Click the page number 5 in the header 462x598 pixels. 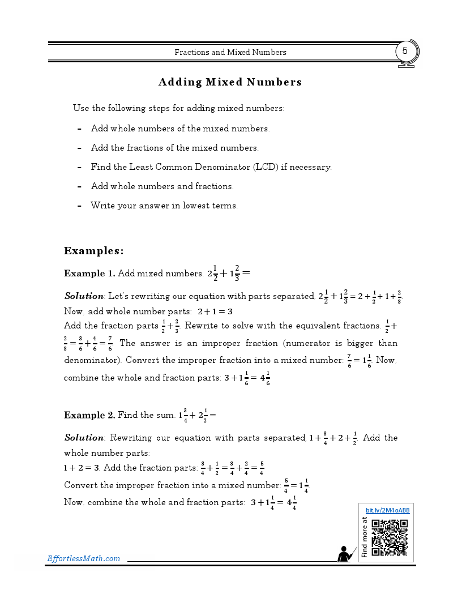tap(405, 51)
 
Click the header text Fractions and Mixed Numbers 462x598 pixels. tap(230, 52)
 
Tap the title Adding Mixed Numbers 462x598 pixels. tap(230, 82)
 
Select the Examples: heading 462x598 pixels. tap(93, 250)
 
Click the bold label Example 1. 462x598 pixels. tap(89, 274)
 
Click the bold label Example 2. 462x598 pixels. tap(89, 415)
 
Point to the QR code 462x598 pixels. tap(390, 537)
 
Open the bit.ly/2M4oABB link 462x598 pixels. tap(387, 510)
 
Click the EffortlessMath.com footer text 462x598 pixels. tap(83, 558)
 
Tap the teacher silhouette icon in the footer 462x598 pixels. tap(345, 553)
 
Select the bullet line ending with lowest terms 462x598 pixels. tap(164, 206)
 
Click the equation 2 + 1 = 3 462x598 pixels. tap(215, 311)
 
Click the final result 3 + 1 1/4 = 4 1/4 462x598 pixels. tap(274, 503)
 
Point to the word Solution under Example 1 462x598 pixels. tap(84, 296)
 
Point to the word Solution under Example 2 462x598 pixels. tap(84, 438)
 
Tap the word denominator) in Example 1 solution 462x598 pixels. tap(93, 360)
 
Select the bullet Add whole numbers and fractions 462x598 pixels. tap(162, 186)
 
